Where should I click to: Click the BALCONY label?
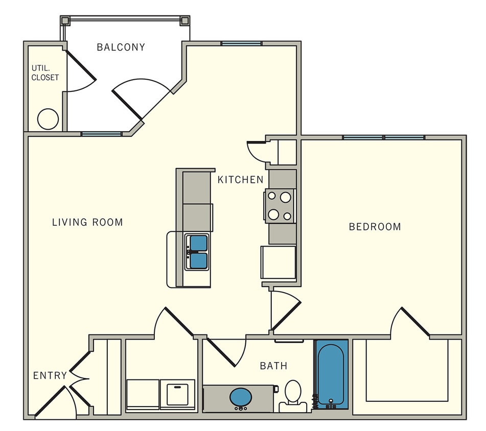(121, 47)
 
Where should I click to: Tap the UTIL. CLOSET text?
(45, 73)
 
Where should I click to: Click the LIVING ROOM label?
(87, 222)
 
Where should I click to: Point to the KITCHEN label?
(240, 180)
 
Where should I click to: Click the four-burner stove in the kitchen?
(280, 206)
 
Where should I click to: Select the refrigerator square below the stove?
(279, 262)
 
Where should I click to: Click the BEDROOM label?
(375, 227)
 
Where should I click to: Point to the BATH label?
(273, 366)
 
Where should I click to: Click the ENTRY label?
(50, 376)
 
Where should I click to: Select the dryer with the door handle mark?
(177, 394)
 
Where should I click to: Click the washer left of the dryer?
(143, 394)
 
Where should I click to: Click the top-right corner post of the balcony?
(184, 21)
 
